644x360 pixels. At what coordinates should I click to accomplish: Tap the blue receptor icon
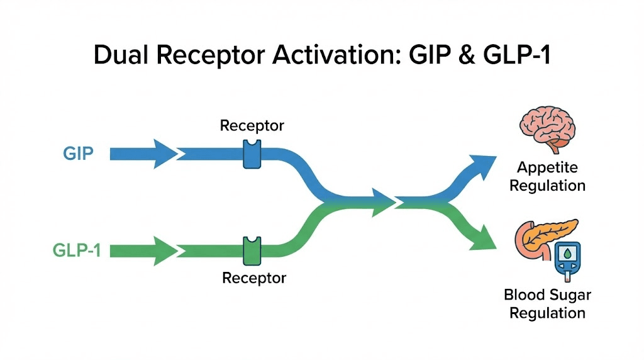[x=252, y=154]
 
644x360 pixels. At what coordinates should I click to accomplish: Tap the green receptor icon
[x=252, y=250]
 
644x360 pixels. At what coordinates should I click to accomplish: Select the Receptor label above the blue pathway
[x=252, y=126]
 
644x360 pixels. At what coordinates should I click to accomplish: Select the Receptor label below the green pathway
[x=254, y=278]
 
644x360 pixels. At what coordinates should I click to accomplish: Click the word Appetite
[x=547, y=168]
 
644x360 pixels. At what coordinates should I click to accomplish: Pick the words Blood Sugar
[x=547, y=295]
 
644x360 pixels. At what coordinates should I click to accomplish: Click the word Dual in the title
[x=119, y=55]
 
